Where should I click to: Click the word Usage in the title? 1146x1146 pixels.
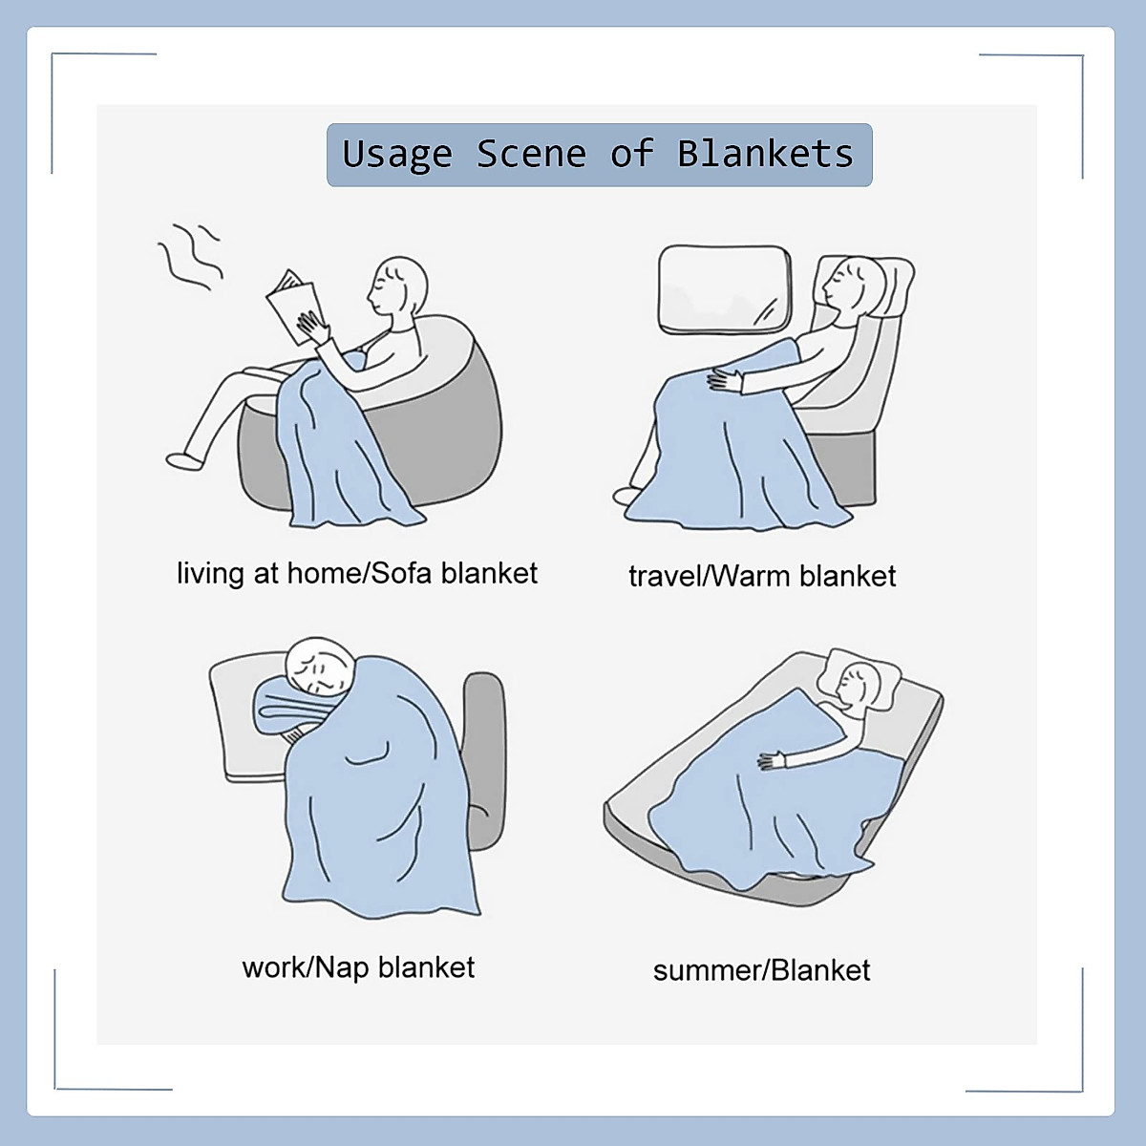(x=396, y=155)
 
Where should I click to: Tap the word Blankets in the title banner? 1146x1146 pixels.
(x=765, y=154)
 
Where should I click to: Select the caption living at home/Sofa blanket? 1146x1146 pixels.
(x=357, y=573)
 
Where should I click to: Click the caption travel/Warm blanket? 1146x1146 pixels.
(x=762, y=576)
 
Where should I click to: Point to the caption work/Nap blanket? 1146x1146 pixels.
(x=358, y=967)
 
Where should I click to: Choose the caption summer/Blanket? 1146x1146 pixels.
(x=761, y=970)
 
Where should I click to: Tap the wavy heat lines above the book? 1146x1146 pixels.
(x=191, y=253)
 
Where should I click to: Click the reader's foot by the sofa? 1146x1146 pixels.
(x=185, y=460)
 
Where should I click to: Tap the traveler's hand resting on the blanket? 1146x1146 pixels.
(x=725, y=381)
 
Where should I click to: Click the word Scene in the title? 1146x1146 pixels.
(x=531, y=154)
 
